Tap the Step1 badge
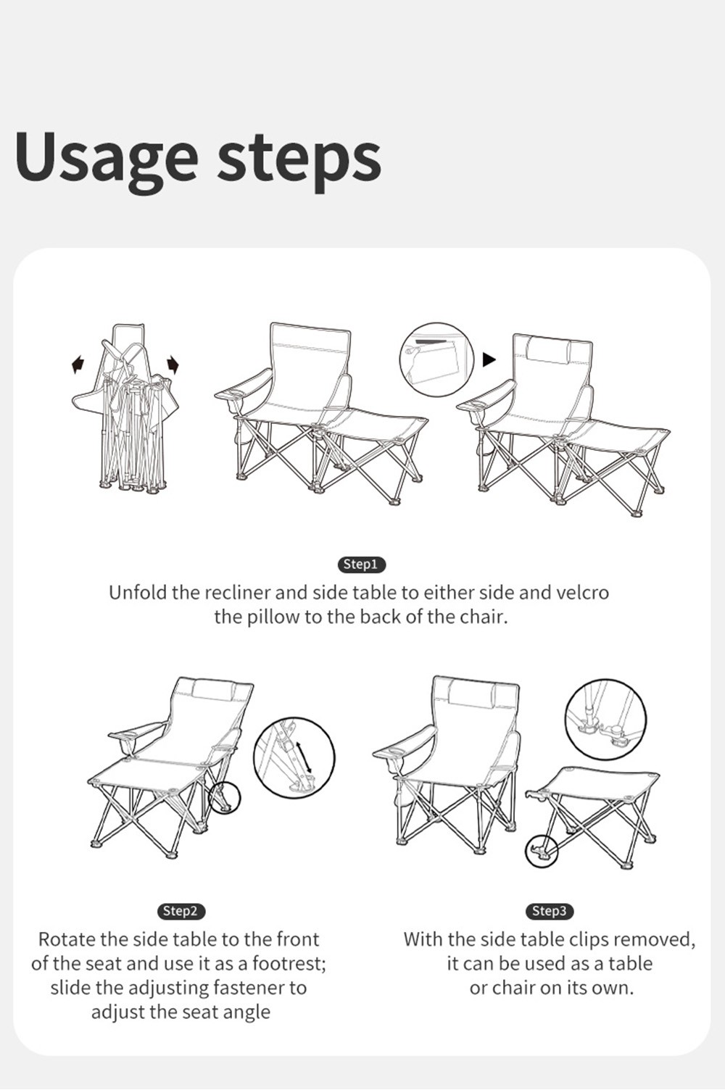click(362, 565)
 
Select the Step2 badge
click(181, 911)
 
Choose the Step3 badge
click(550, 911)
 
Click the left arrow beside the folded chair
click(78, 365)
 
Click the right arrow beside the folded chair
click(173, 365)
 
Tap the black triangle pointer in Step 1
click(489, 360)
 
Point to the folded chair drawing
click(125, 409)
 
